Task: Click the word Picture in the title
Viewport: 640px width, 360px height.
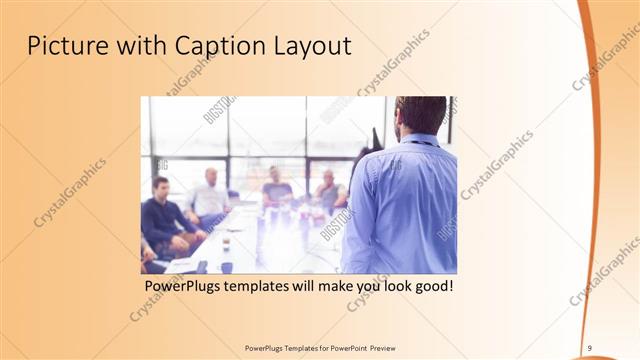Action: pos(65,46)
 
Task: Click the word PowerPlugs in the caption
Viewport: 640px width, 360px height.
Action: pos(183,286)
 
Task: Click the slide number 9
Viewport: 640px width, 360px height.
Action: pos(590,347)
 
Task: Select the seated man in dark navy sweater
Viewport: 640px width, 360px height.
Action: pos(160,215)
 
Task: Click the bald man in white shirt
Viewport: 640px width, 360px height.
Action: pos(211,195)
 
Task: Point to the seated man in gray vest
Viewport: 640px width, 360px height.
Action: pos(329,190)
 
